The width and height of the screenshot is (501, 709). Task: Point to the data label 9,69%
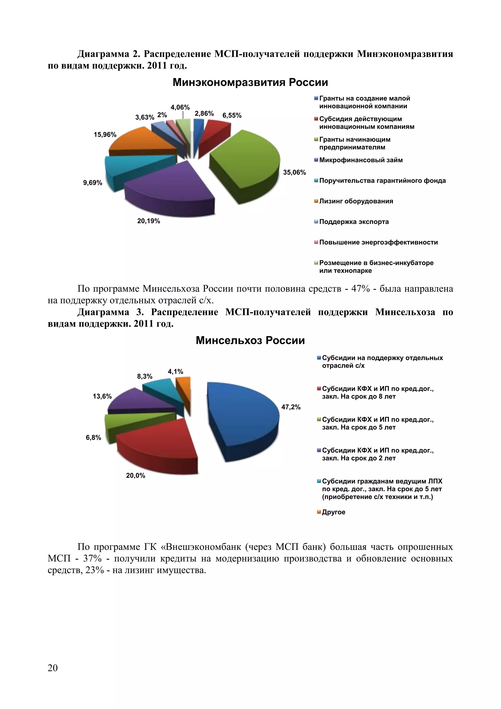click(92, 183)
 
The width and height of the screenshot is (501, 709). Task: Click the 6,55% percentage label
click(232, 116)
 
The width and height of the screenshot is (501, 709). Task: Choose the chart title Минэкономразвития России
click(250, 83)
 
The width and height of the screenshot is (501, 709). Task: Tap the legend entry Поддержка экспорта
click(354, 222)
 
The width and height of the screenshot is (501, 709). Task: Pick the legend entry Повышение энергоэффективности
click(378, 242)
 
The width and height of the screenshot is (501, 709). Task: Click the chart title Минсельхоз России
click(250, 341)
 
